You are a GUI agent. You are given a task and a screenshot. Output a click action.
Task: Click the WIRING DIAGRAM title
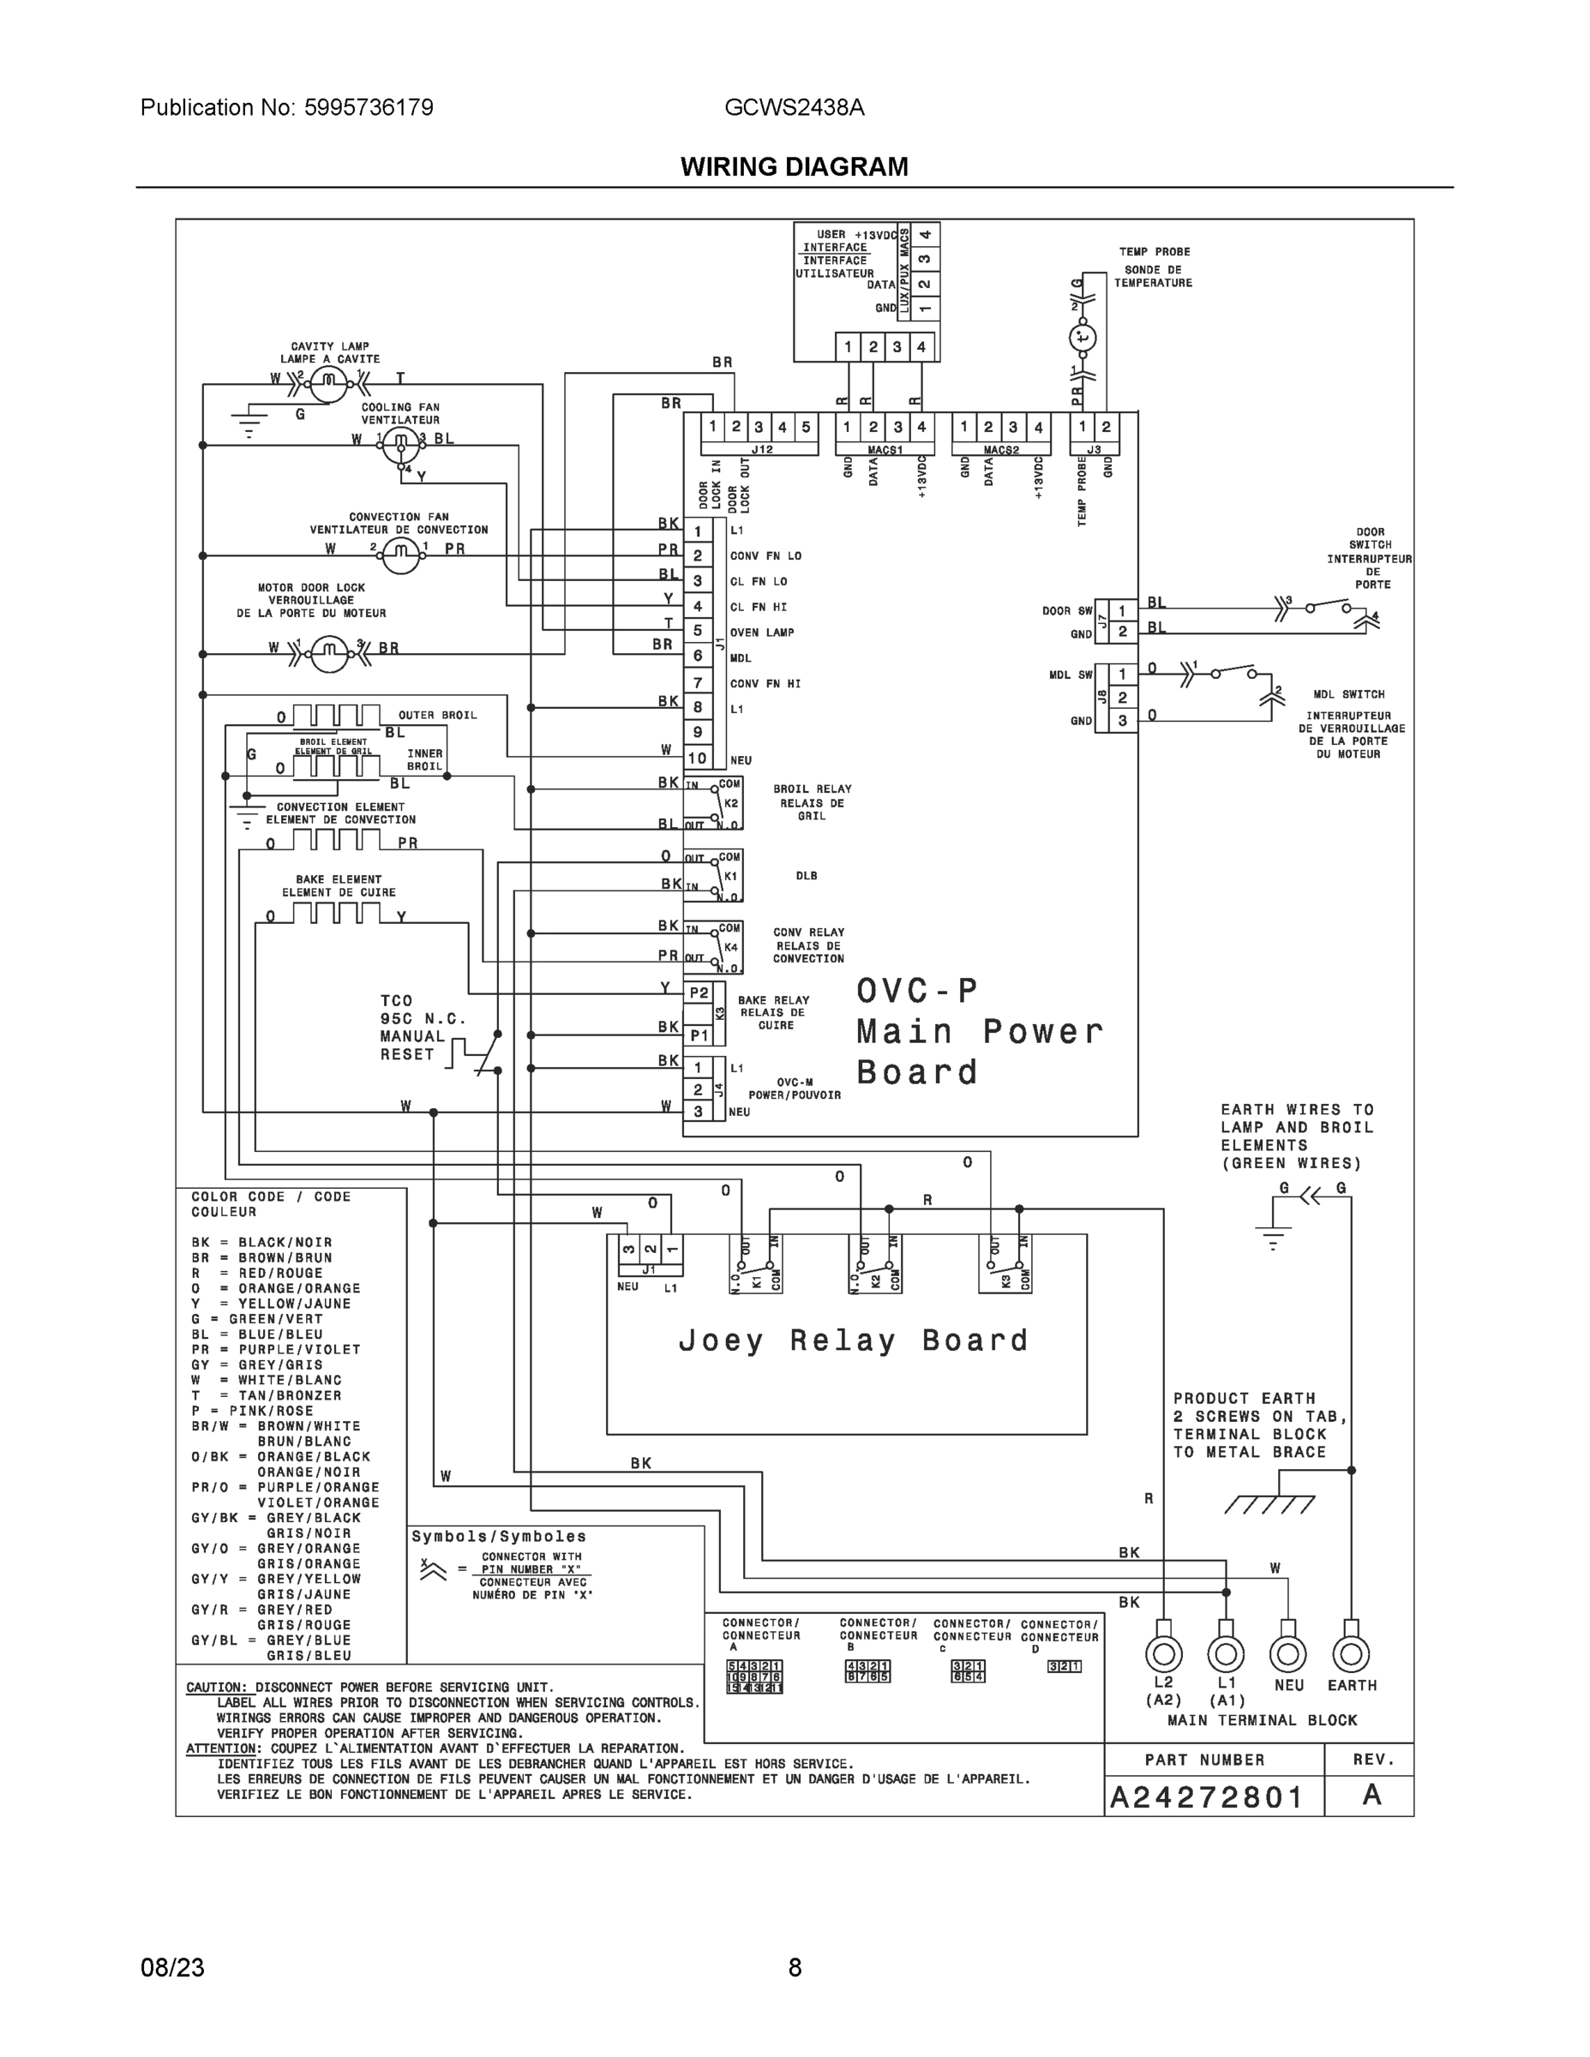794,167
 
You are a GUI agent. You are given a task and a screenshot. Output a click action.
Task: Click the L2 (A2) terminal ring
1163,1654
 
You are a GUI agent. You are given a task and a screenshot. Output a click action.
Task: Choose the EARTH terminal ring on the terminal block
1351,1654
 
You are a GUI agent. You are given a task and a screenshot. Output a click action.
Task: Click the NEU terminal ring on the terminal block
1287,1654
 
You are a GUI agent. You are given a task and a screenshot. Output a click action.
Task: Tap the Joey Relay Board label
854,1340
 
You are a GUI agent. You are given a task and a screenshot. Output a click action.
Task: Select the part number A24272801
1207,1797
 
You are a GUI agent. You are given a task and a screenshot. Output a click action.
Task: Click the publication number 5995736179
369,107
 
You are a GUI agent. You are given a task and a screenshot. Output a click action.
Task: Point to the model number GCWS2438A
794,107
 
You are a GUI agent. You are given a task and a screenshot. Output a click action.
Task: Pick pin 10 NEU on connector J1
697,758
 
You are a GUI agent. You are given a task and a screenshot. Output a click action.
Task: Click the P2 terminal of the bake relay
699,993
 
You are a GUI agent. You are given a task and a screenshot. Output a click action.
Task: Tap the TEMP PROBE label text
1154,251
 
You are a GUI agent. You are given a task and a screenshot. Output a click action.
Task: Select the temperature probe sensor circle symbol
1084,337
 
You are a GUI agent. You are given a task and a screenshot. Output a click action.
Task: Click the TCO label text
397,1000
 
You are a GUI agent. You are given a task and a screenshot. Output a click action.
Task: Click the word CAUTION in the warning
217,1687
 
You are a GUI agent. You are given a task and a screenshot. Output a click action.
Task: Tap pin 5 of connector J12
806,427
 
